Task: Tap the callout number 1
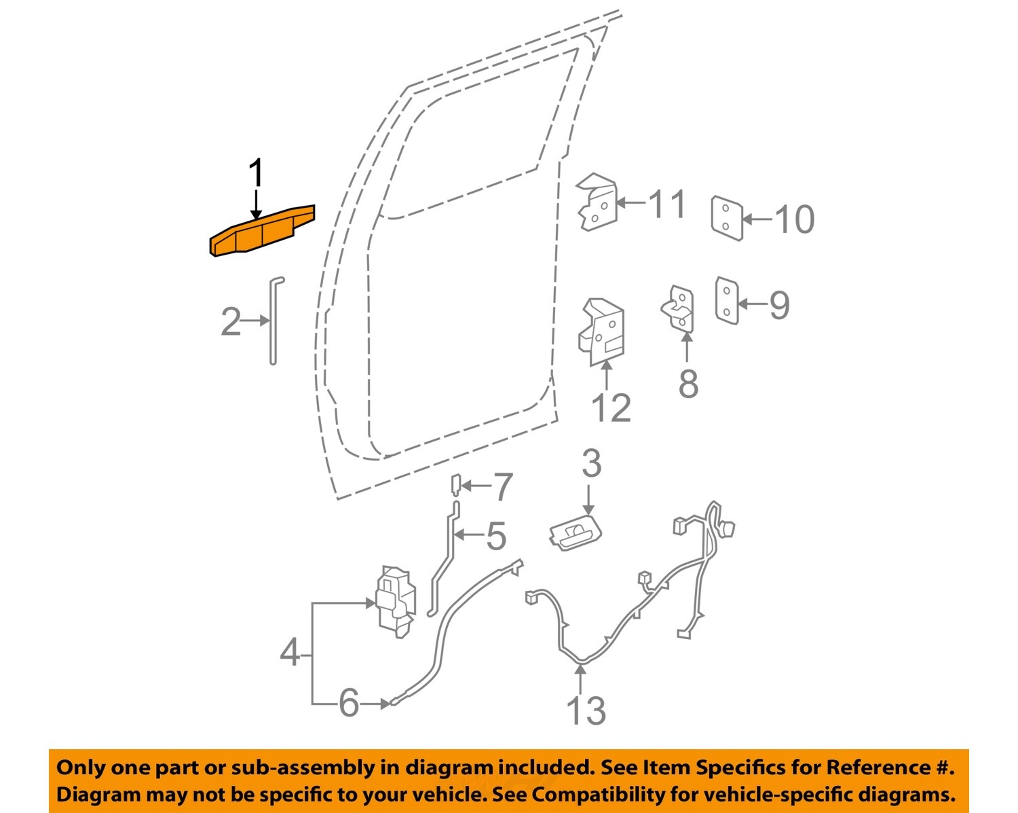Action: [255, 174]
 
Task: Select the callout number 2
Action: [231, 321]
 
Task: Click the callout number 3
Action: [591, 464]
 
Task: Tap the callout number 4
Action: [290, 653]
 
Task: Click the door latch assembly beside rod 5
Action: [395, 601]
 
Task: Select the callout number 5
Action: [496, 536]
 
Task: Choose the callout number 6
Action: [349, 703]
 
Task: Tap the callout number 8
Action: [687, 384]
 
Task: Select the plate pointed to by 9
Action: [726, 300]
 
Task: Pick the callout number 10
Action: [794, 219]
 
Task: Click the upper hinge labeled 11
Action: [597, 202]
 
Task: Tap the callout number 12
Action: [611, 408]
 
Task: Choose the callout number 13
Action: [585, 710]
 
